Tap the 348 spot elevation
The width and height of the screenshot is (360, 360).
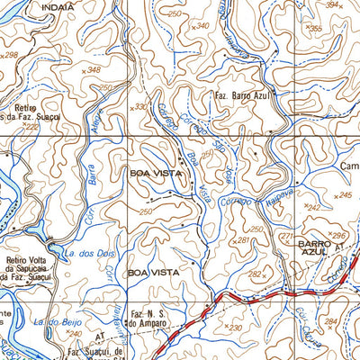point(92,69)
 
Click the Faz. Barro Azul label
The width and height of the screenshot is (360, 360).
point(241,94)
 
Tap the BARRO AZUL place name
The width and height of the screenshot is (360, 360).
point(315,249)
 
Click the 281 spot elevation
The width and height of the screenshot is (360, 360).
point(244,240)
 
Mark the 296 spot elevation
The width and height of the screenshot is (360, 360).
point(337,236)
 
